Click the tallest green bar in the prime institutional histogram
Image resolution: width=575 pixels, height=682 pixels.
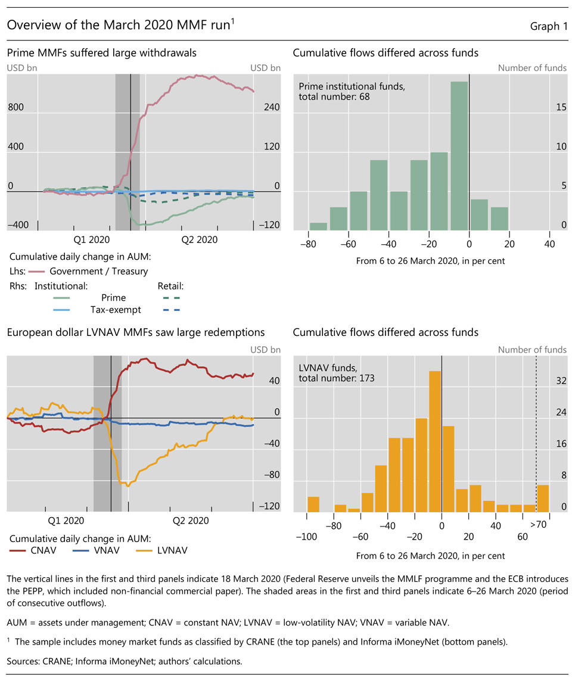459,155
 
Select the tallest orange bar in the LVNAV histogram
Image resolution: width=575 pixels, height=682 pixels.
435,441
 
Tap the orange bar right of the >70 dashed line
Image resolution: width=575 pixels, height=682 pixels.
543,498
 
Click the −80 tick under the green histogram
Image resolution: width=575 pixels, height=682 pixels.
309,243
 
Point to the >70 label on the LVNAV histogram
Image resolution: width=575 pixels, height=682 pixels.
539,526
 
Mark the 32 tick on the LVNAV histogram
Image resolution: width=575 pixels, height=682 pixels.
561,381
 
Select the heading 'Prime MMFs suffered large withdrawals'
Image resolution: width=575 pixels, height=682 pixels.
102,53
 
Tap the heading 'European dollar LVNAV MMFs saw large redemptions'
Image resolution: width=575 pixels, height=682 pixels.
136,332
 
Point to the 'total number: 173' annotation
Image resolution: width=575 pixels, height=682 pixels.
336,378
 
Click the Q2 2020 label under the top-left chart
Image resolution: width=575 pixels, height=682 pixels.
200,239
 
